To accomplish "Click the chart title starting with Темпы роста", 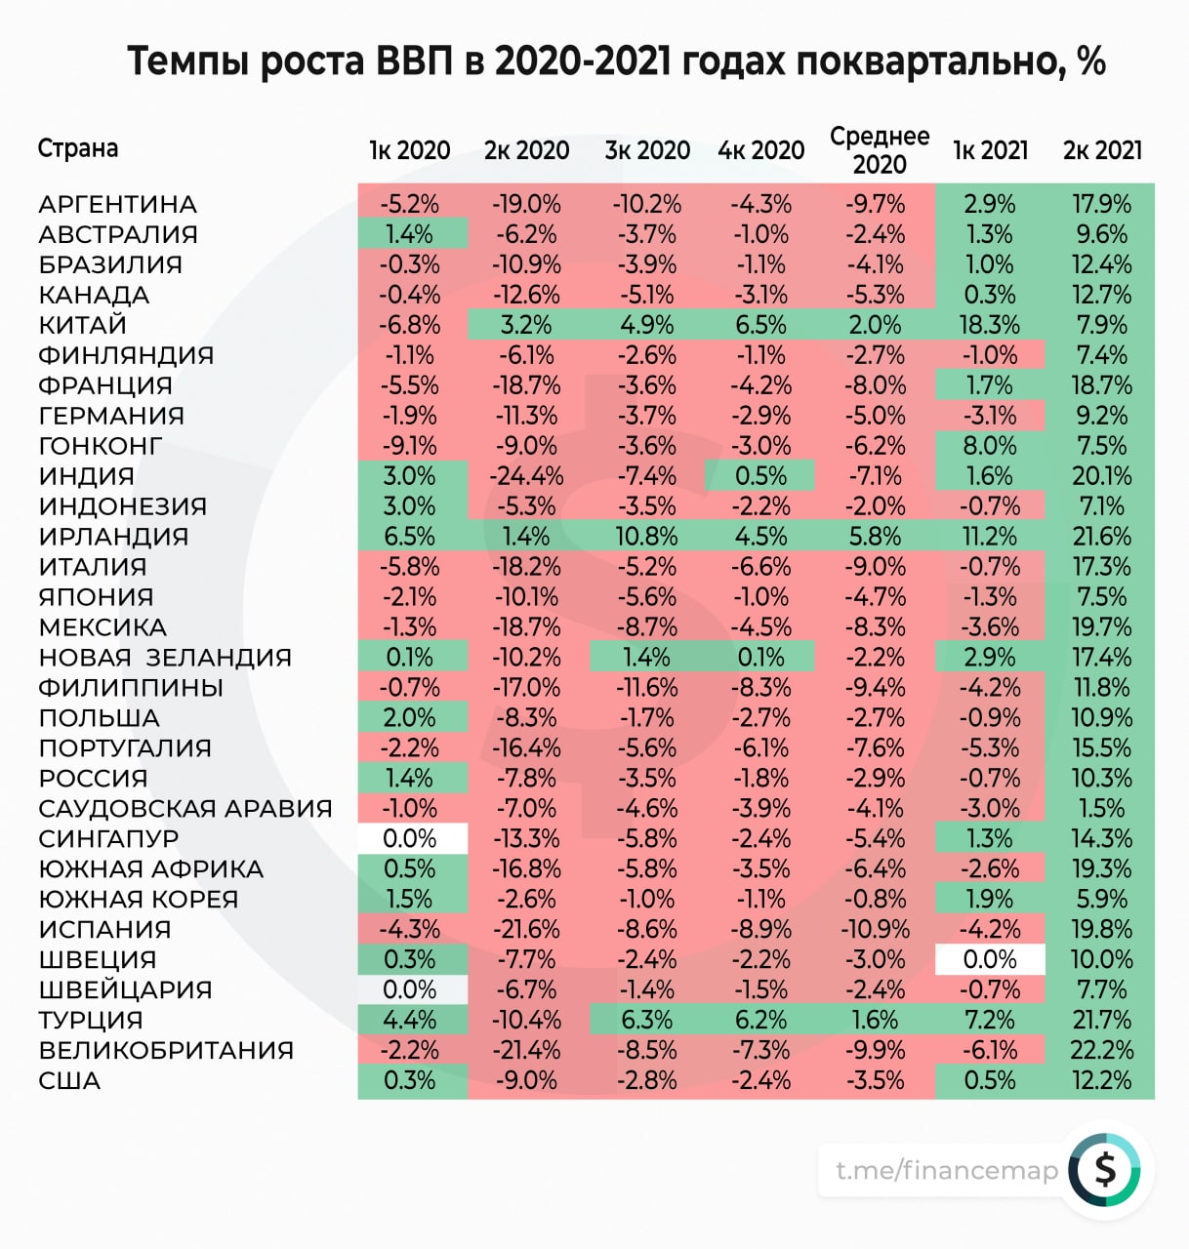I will click(616, 61).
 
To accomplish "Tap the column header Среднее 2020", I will click(879, 149).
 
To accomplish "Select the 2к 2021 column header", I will click(1102, 150).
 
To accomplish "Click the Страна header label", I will click(78, 148).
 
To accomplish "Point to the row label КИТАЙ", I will click(83, 325).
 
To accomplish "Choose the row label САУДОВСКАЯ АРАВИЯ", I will click(185, 809).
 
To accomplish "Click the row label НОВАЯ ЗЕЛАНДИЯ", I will click(165, 658).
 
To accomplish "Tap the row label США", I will click(69, 1081).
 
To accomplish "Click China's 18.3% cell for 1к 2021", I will click(990, 325).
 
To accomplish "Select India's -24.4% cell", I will click(527, 476).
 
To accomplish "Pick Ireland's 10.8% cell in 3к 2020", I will click(646, 537).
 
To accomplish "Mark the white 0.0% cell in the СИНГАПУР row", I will click(410, 839).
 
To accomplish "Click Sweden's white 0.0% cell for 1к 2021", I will click(990, 960).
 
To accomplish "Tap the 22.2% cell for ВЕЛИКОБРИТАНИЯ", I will click(1102, 1051).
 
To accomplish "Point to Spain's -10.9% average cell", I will click(876, 930).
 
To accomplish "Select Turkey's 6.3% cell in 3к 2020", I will click(646, 1021).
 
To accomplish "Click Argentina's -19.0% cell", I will click(527, 204).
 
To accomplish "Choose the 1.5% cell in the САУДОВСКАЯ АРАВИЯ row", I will click(1102, 809).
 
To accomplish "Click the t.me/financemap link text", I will click(946, 1170).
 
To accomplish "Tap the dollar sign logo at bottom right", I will click(1104, 1169).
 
